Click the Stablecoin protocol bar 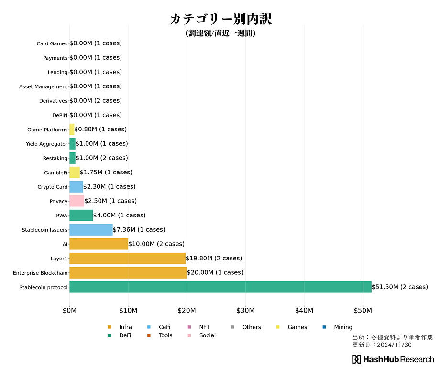coord(220,287)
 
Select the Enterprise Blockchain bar coord(128,273)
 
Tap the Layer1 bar coord(127,259)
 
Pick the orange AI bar coord(99,244)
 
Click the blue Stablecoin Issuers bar coord(91,230)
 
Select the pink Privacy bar coord(77,201)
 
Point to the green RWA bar coord(81,216)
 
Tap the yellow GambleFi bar coord(75,173)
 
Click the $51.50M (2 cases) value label coord(400,287)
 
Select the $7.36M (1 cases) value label coord(139,230)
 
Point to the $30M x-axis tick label coord(245,311)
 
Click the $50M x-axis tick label coord(363,311)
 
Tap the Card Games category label coord(52,44)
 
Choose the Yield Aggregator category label coord(46,144)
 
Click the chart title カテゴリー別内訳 coord(220,19)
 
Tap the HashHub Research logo coord(393,359)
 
